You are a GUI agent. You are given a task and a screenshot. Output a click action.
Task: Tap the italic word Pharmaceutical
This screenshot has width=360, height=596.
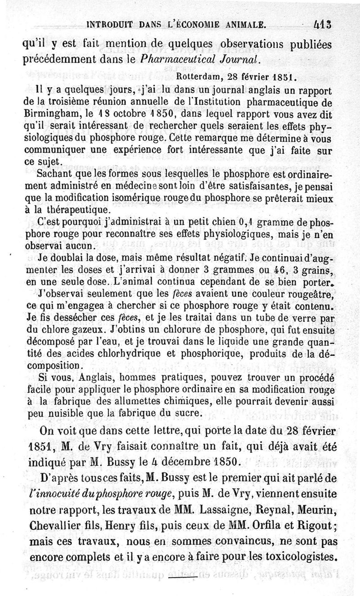(170, 59)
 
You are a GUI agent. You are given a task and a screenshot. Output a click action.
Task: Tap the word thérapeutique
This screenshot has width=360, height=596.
(75, 209)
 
